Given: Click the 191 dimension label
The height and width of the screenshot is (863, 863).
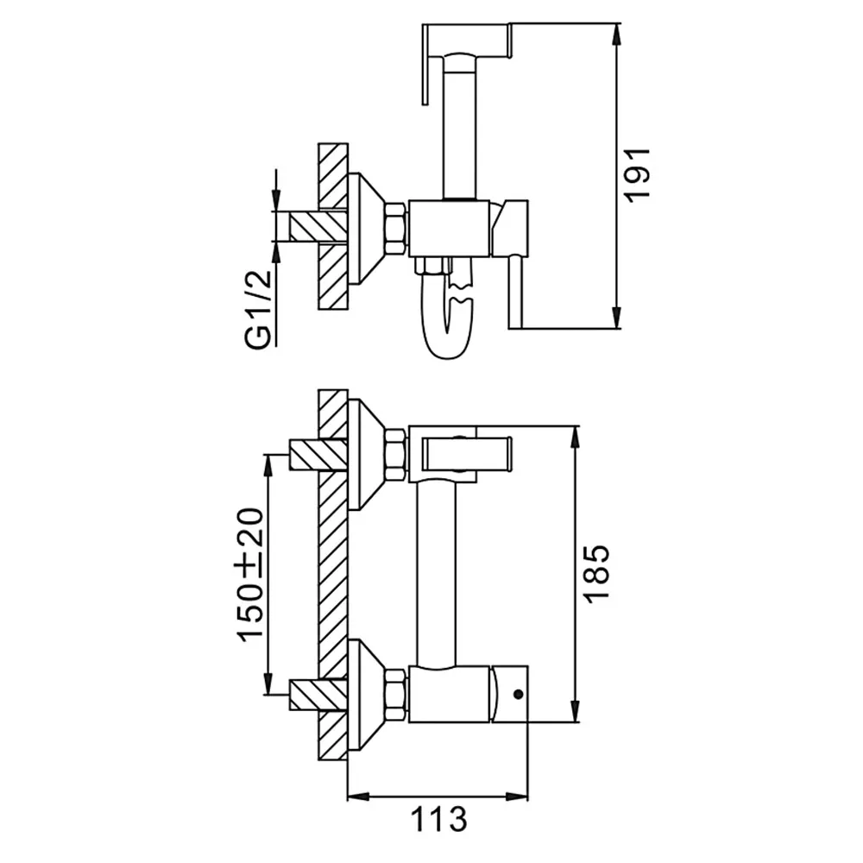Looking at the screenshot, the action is click(639, 175).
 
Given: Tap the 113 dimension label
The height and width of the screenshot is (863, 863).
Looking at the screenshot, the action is click(438, 819).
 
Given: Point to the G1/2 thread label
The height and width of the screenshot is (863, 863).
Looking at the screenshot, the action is click(258, 309).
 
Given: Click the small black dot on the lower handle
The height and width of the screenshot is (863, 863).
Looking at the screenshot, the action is click(517, 694).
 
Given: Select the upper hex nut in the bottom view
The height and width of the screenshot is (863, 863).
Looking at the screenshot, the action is click(397, 455).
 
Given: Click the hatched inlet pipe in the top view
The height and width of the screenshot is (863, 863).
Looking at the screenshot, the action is click(318, 227).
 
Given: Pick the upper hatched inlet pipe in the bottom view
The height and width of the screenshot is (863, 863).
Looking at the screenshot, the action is click(318, 455).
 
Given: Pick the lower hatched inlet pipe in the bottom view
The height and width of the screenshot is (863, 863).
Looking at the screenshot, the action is click(318, 695).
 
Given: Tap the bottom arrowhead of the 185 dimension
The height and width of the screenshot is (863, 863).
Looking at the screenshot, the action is click(576, 710).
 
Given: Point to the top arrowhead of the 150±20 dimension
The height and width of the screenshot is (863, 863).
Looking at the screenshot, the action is click(268, 466).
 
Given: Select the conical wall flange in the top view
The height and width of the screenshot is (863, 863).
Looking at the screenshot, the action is click(366, 229).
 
